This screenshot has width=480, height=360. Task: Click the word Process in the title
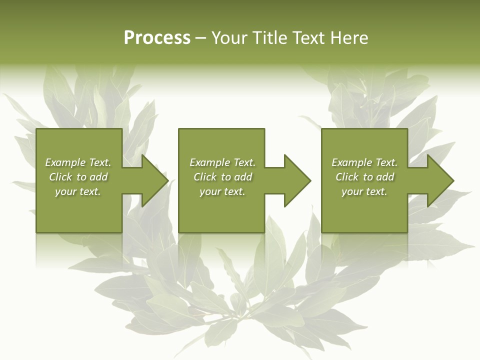click(157, 38)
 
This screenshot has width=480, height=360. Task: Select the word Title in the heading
click(272, 38)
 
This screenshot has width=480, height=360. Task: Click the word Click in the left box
click(60, 177)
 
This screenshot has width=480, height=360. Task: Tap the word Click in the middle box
click(205, 177)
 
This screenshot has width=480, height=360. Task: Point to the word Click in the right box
click(347, 177)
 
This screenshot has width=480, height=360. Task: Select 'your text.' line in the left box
click(78, 191)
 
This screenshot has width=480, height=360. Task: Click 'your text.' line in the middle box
click(222, 191)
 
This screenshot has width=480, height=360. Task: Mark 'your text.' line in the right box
click(364, 191)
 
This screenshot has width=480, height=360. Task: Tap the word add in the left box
click(99, 177)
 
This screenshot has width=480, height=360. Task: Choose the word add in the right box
click(385, 177)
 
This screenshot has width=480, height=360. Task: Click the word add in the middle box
click(243, 177)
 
